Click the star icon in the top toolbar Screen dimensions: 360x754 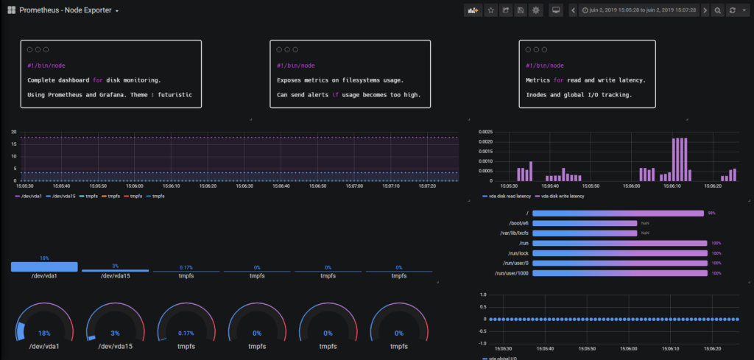point(491,10)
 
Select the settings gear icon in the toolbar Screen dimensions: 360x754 point(535,10)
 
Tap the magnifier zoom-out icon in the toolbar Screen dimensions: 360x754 point(718,10)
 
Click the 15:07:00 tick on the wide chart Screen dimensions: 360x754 point(354,186)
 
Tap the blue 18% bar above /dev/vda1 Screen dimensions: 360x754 point(44,267)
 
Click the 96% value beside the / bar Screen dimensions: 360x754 point(711,213)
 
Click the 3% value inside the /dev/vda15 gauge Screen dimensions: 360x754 point(116,333)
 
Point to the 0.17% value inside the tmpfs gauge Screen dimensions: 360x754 point(186,333)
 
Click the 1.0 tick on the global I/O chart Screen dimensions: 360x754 point(482,294)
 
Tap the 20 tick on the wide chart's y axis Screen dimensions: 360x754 point(13,132)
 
